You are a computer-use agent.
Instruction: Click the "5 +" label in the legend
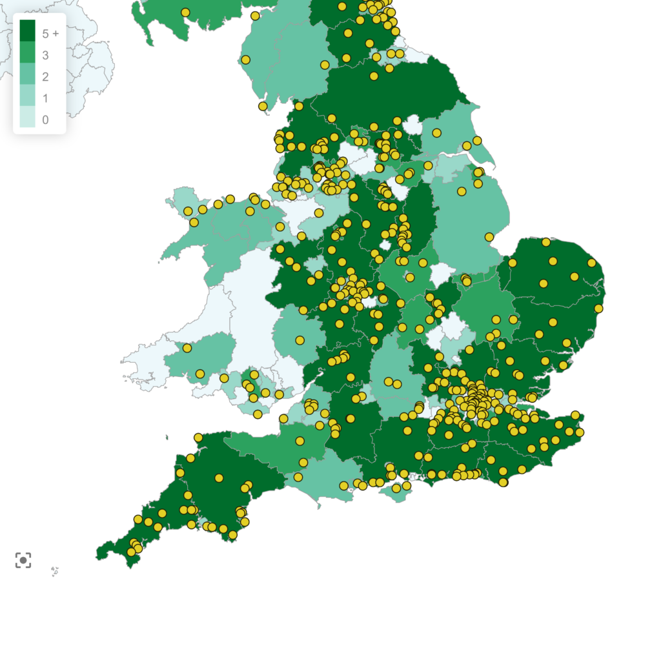click(50, 34)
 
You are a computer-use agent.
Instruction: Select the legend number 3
click(45, 56)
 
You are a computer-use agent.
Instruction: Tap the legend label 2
click(45, 77)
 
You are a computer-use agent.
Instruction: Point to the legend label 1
click(45, 98)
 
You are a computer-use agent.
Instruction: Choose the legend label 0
click(45, 119)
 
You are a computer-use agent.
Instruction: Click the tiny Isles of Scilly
click(55, 571)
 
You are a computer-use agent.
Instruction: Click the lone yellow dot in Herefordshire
click(300, 340)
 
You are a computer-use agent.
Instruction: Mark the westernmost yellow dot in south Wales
click(187, 348)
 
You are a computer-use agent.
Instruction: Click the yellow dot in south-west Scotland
click(185, 12)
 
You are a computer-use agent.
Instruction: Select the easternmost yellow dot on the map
click(598, 309)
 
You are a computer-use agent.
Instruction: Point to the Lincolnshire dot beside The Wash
click(489, 237)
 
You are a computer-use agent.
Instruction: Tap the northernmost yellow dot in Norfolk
click(546, 242)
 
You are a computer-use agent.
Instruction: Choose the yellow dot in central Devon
click(219, 478)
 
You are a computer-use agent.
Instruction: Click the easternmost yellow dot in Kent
click(580, 432)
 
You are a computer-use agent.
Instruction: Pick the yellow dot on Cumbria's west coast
click(245, 60)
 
